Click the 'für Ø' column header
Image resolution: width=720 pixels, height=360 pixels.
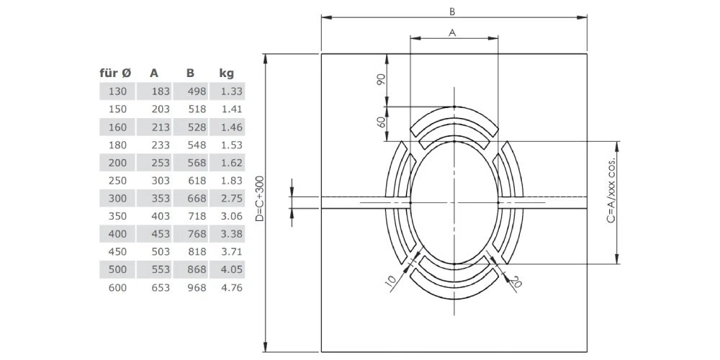pos(115,73)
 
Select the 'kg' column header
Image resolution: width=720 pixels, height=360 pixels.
pos(227,73)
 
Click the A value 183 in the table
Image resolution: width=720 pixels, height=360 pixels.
pos(161,91)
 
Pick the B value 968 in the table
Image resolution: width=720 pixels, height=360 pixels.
pos(197,288)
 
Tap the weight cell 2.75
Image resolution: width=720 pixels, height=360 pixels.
pos(231,199)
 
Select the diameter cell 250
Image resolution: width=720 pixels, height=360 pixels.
pos(117,181)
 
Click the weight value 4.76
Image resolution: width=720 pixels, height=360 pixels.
pos(231,288)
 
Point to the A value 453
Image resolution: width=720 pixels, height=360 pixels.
pos(161,234)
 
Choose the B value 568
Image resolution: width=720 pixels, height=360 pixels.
pos(197,163)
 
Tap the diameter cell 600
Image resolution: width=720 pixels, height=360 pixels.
pos(117,288)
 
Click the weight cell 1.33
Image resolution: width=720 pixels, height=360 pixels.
pos(231,91)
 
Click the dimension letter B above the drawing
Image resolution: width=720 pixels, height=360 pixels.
pos(452,12)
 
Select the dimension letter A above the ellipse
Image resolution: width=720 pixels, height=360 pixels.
pos(452,32)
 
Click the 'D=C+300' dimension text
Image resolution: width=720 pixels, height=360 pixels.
pos(260,199)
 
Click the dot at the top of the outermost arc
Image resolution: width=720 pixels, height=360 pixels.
pos(454,107)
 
